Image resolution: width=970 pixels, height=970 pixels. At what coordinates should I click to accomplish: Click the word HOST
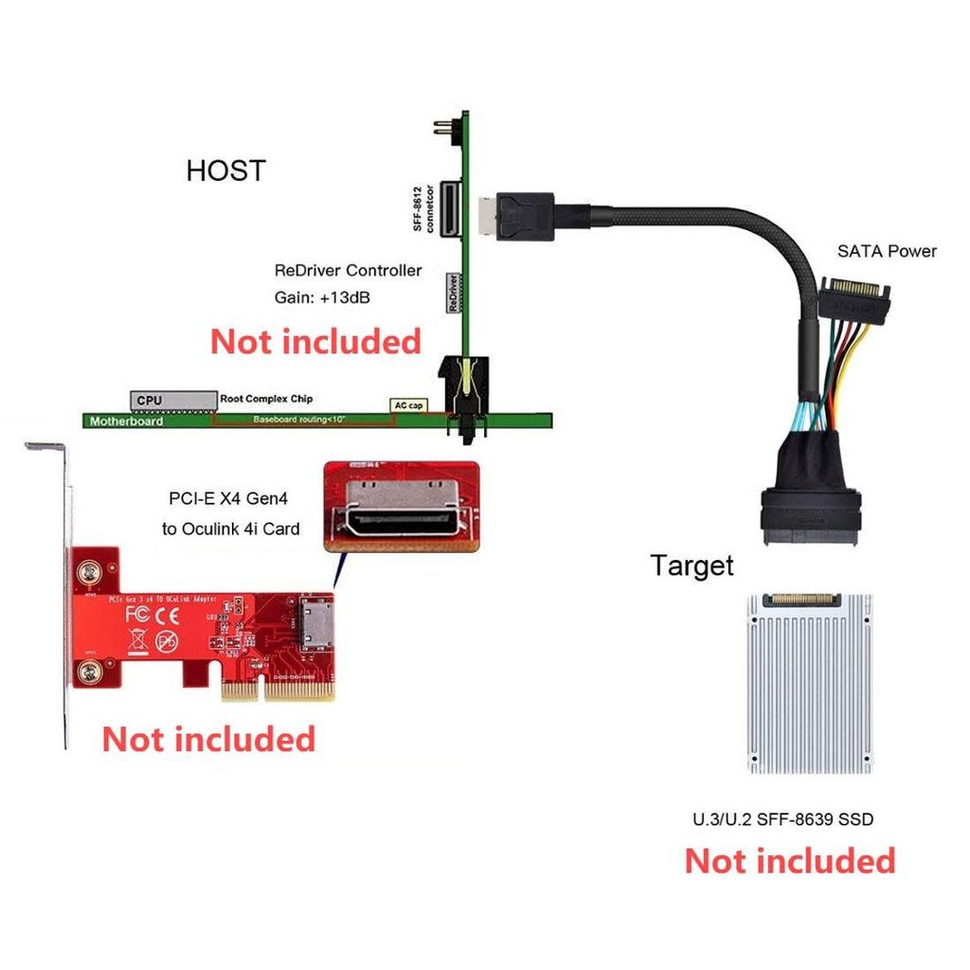click(x=225, y=171)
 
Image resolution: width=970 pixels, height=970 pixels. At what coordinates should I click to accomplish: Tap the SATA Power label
click(x=886, y=251)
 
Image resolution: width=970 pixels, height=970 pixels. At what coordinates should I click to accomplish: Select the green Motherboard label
click(x=125, y=421)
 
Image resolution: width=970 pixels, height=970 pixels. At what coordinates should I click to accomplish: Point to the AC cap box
click(x=408, y=405)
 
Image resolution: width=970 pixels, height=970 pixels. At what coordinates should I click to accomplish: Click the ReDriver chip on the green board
click(x=454, y=294)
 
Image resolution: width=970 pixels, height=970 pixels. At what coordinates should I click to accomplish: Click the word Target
click(x=692, y=566)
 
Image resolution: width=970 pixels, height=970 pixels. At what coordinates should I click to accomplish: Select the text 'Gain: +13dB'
click(x=322, y=297)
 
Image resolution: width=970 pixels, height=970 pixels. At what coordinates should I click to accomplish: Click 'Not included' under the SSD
click(x=789, y=861)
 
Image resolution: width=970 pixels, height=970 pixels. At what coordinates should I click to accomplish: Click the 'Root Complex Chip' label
click(x=266, y=399)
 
